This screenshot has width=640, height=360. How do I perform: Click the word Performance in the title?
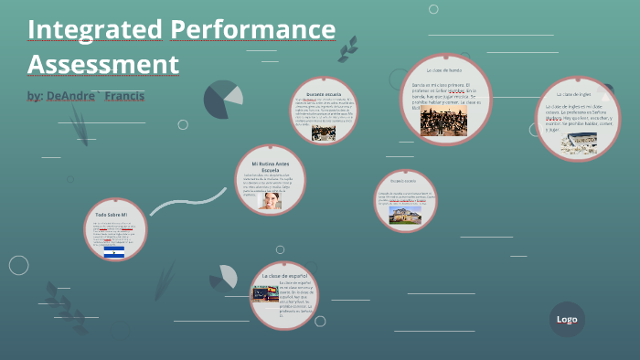coord(252,30)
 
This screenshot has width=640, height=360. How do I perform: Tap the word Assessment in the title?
coord(102,65)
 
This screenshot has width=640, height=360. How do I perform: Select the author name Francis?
coord(125,96)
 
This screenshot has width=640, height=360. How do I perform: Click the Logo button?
coord(567,319)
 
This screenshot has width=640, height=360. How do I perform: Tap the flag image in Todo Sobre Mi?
coord(114,251)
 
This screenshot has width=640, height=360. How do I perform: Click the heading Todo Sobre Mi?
coord(114,215)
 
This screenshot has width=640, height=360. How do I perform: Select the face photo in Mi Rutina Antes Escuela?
coord(270,200)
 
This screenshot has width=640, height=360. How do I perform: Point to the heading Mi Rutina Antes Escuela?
coord(270,165)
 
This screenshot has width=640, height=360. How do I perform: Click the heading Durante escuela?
coord(324,93)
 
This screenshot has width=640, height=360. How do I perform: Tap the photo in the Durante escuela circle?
coord(324,132)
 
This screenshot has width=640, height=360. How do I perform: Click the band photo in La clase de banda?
coord(443,122)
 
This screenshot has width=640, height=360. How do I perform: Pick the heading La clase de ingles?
coord(578,94)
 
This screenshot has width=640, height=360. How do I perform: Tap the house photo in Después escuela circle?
coord(403,214)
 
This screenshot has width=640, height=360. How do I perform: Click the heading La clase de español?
coord(284,275)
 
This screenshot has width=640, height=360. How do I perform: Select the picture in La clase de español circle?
coord(265,294)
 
